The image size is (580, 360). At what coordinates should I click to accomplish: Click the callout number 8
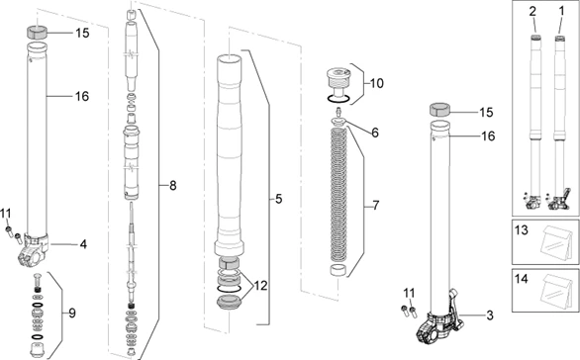[x=173, y=185]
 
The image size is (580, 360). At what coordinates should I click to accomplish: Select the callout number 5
[x=278, y=199]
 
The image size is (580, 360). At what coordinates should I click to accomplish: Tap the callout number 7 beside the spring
[x=376, y=205]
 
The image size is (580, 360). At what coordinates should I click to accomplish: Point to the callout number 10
[x=377, y=83]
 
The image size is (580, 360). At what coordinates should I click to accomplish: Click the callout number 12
[x=260, y=286]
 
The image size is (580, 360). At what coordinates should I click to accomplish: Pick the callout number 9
[x=72, y=314]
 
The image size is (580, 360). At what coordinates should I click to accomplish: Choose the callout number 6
[x=375, y=133]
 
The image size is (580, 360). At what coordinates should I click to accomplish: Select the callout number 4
[x=83, y=244]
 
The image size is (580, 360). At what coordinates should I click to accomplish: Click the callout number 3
[x=490, y=315]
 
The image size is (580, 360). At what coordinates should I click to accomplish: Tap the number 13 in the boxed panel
[x=522, y=230]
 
